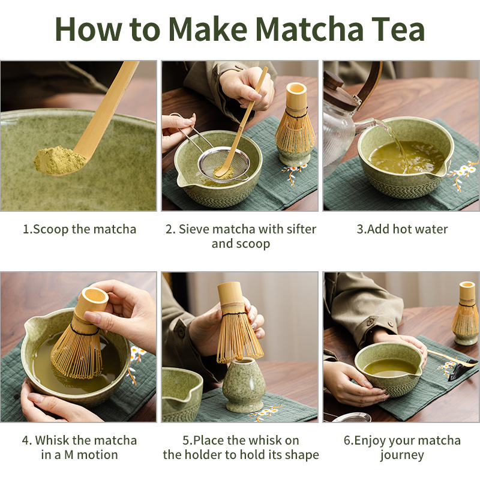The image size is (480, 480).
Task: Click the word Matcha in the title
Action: [309, 29]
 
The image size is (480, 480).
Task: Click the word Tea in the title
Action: [398, 29]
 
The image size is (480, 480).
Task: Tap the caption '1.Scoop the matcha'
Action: [80, 229]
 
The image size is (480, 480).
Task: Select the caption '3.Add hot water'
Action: [402, 229]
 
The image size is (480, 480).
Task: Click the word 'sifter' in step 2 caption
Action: [301, 229]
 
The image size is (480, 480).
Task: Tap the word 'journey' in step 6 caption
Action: [402, 455]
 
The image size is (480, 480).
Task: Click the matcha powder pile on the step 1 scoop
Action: [59, 160]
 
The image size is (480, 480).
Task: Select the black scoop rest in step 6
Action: [458, 371]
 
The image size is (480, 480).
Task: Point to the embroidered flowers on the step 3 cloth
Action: [463, 174]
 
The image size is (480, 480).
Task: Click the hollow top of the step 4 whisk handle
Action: [95, 298]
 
